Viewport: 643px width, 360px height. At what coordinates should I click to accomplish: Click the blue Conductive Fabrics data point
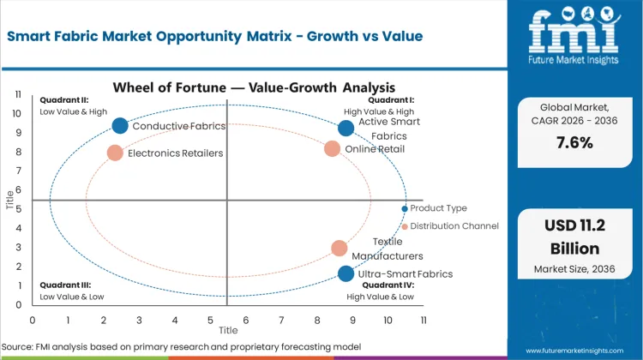[120, 126]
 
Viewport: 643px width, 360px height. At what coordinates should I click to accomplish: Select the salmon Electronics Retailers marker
[115, 153]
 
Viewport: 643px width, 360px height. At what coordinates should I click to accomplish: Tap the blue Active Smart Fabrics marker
[346, 129]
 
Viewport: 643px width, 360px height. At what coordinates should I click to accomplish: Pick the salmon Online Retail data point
[333, 148]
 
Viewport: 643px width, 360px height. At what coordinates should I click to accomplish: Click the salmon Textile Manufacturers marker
[340, 249]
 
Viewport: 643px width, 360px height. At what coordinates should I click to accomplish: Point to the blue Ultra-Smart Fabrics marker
[346, 273]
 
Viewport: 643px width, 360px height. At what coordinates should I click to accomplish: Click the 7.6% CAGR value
[574, 142]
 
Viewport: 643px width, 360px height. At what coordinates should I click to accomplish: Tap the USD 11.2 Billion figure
[574, 237]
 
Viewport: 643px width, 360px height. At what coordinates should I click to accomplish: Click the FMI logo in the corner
[574, 34]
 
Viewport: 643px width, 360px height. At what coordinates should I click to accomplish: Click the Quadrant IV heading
[391, 285]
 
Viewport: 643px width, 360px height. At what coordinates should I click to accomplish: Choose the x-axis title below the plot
[228, 330]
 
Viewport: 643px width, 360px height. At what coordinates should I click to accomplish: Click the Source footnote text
[184, 346]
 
